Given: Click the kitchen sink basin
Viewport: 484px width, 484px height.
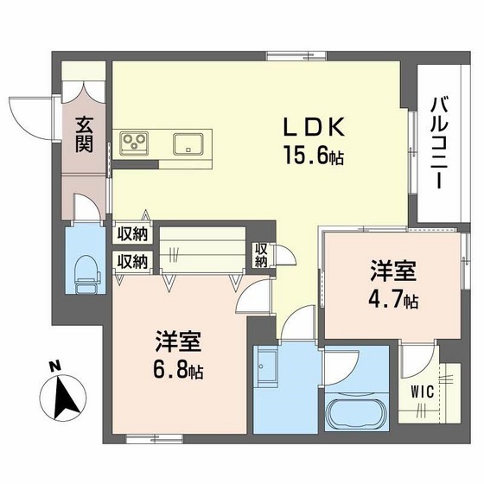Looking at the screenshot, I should pos(188,142).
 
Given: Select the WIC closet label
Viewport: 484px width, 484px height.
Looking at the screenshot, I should pos(423,390).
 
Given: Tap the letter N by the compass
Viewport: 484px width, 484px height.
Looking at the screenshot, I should pos(54,366).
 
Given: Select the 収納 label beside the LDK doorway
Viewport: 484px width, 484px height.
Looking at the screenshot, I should pos(261,255).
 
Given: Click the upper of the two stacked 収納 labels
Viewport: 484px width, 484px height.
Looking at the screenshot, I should pos(133,233).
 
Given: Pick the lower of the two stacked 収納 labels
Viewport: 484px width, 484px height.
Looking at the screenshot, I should pos(133,260).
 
